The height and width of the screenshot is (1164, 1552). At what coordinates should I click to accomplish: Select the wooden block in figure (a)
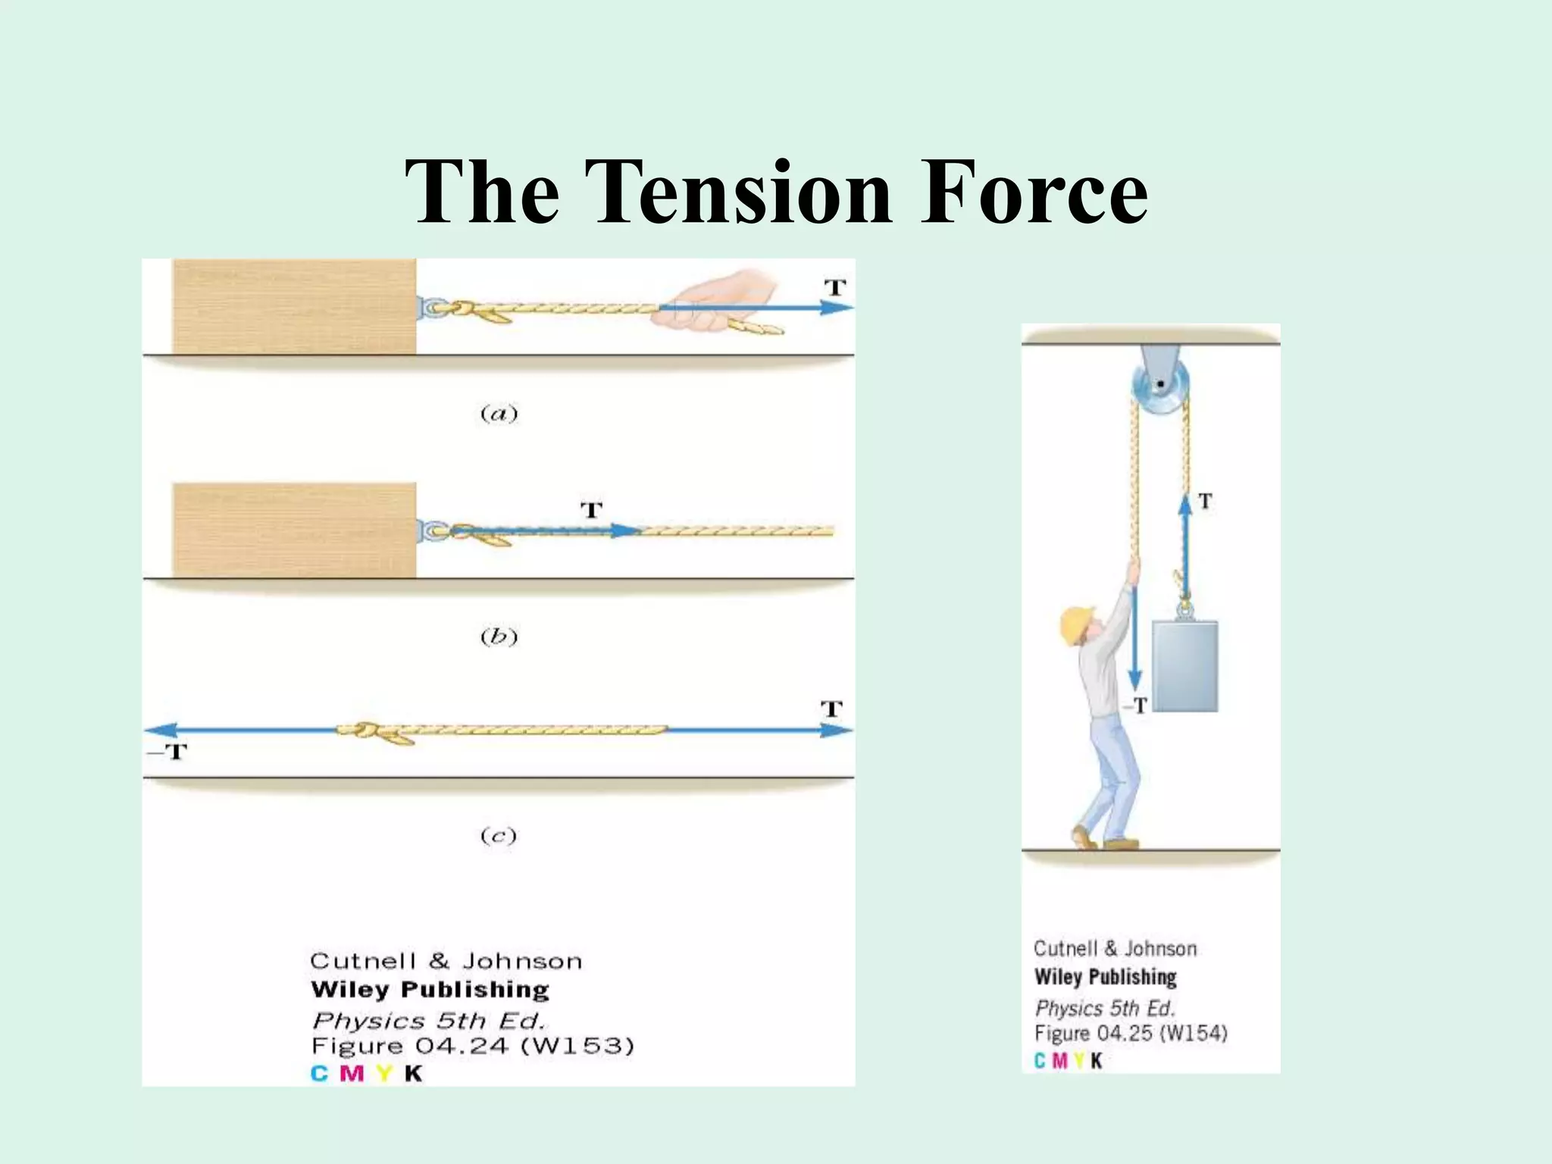pos(294,306)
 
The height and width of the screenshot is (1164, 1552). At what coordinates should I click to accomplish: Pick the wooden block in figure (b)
pos(294,530)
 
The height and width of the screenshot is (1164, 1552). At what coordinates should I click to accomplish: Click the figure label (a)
pos(499,414)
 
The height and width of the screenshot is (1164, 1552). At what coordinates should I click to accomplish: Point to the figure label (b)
pos(499,637)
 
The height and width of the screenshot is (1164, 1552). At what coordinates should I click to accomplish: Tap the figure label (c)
pos(499,836)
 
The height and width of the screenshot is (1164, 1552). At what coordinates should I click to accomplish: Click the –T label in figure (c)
pos(167,752)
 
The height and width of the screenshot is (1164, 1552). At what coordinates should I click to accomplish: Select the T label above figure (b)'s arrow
pos(591,510)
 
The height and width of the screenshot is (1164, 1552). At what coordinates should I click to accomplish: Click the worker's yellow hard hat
pos(1075,624)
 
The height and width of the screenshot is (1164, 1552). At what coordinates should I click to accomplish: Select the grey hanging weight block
pos(1184,665)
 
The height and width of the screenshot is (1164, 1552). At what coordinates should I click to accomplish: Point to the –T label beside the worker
pos(1136,706)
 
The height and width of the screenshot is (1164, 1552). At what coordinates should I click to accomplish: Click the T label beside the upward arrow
pos(1205,501)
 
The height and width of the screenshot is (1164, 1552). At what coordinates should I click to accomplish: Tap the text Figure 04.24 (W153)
pos(472,1047)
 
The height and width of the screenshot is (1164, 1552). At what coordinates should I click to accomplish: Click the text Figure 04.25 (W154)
pos(1130,1034)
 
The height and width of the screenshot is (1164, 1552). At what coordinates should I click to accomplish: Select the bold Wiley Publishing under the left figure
pos(430,990)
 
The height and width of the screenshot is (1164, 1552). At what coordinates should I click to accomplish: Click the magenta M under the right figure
pos(1059,1061)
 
